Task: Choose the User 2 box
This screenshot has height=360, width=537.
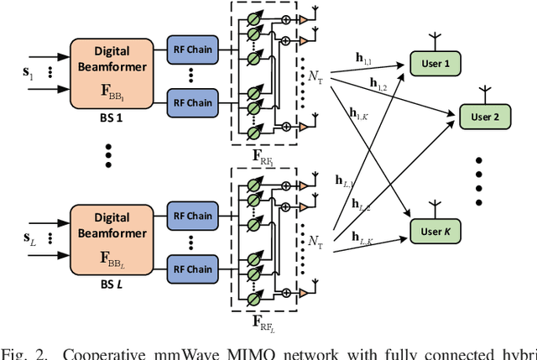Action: click(484, 117)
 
